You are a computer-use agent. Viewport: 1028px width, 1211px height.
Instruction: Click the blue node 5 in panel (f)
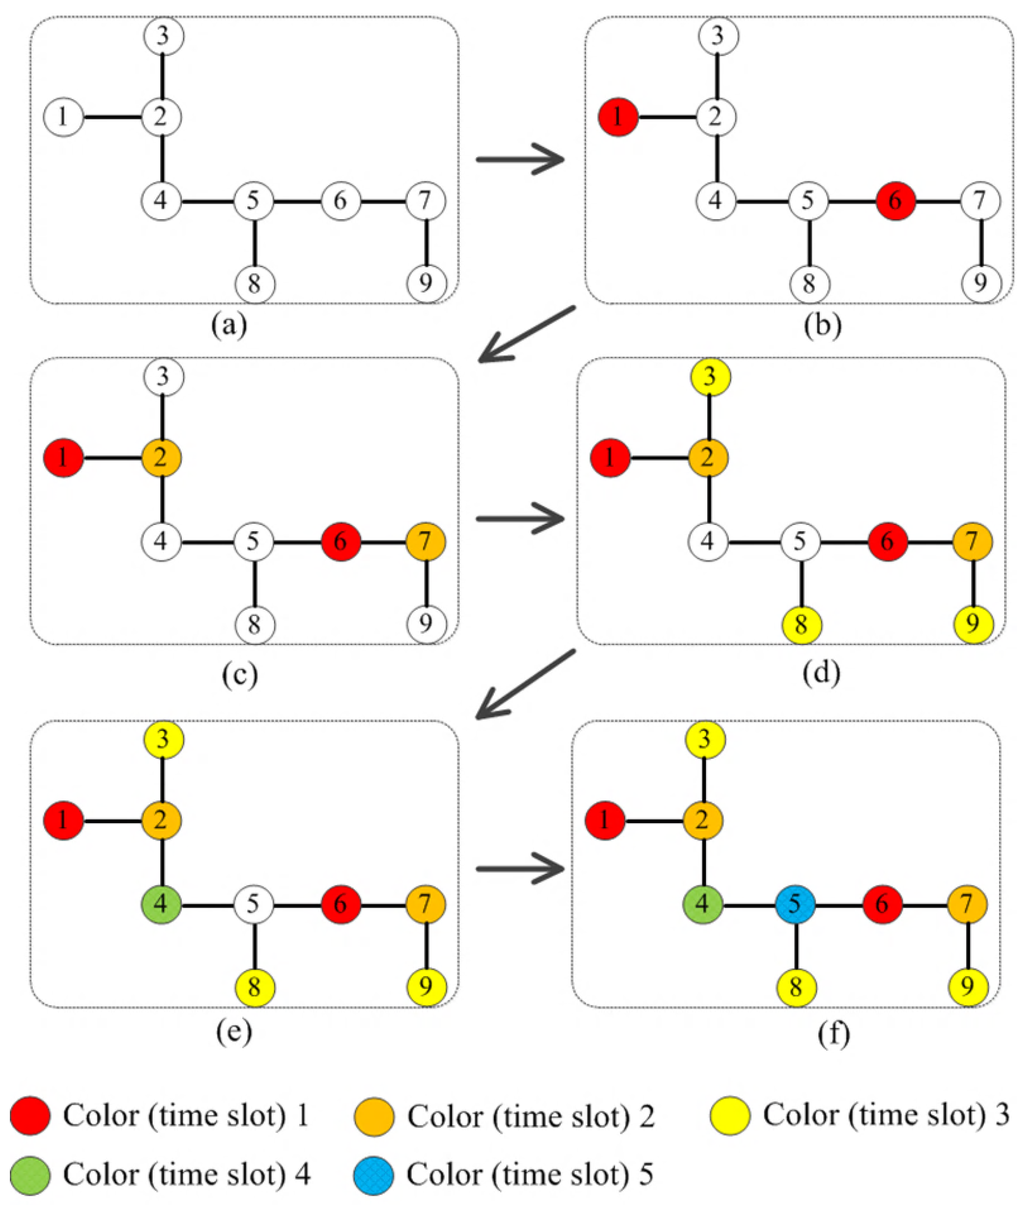point(795,904)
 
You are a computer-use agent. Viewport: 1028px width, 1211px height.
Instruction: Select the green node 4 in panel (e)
point(161,904)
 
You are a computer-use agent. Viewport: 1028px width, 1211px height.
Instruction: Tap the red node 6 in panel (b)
point(895,201)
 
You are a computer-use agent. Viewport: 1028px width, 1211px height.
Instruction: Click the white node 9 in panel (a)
point(426,284)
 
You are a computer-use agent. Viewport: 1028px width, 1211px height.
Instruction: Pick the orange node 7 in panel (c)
point(426,542)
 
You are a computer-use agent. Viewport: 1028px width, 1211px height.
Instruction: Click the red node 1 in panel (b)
point(618,117)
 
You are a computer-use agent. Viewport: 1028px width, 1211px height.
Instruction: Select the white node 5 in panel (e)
point(254,904)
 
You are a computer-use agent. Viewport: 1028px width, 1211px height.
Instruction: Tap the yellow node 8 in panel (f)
point(796,987)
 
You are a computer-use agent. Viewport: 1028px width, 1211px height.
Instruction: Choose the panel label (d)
point(821,673)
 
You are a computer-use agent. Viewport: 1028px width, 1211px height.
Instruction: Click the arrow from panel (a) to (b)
point(520,159)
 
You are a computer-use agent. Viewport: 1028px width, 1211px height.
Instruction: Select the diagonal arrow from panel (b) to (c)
point(526,335)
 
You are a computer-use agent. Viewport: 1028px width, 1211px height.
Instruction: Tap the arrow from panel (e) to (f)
point(520,869)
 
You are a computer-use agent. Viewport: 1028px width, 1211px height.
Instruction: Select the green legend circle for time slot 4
point(30,1175)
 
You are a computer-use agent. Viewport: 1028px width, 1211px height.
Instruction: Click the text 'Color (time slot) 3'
point(886,1115)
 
